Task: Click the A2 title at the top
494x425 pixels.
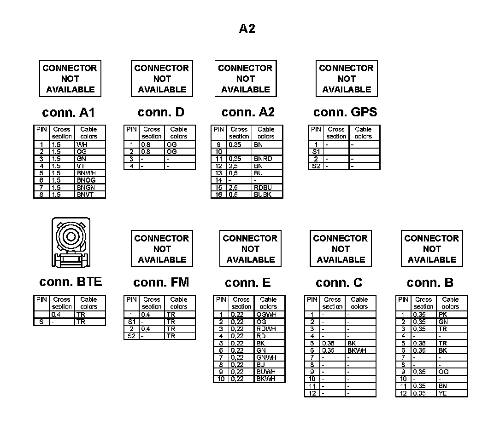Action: pos(247,29)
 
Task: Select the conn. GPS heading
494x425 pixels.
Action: pos(345,112)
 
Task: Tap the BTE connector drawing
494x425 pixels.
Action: pos(71,242)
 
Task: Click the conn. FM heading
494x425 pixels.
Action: pos(161,282)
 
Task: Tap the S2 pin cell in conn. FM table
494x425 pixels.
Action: pos(131,336)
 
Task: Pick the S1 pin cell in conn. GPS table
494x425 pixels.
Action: pos(316,151)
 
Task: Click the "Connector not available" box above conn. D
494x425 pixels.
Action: pos(162,79)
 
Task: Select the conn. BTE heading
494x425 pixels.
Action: pos(71,281)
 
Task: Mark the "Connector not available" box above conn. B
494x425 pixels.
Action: pos(432,249)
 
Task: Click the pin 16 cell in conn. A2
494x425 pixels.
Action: pos(219,195)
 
